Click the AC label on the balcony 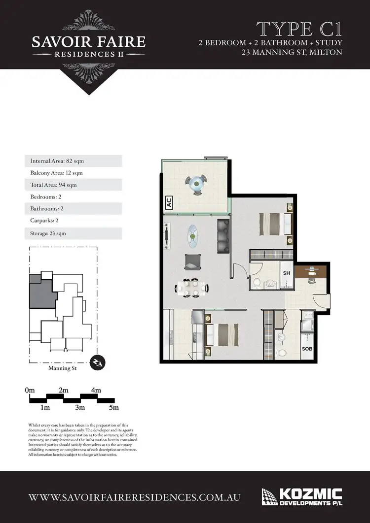tap(168, 202)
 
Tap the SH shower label tap(286, 272)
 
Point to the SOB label tap(306, 348)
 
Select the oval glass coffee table tap(192, 235)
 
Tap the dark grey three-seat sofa tap(223, 234)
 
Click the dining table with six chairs tap(190, 288)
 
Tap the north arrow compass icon tap(98, 363)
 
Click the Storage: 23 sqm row tap(73, 233)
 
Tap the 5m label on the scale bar tap(114, 408)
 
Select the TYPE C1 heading tap(299, 30)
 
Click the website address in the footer tap(135, 497)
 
